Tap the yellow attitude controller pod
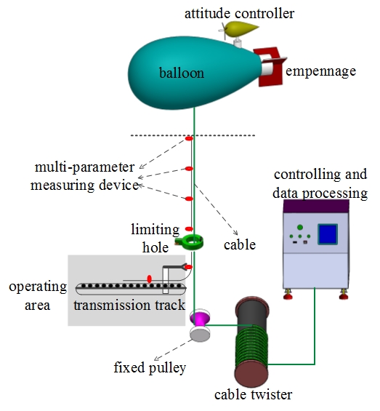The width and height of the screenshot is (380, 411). coord(241,29)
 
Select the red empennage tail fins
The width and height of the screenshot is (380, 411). coord(271,67)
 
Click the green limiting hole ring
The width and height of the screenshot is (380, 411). coord(192,242)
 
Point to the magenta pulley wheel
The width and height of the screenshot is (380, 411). coord(200,318)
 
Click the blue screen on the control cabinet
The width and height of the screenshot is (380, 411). coord(328,234)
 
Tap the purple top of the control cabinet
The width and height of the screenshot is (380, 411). coord(316,207)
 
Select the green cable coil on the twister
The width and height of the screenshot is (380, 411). coord(252,346)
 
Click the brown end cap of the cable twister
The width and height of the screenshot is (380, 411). coord(251,374)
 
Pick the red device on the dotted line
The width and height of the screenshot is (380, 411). coord(189,138)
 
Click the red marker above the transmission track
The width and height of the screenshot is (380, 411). coord(149,279)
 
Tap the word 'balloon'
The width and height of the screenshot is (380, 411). coord(182,73)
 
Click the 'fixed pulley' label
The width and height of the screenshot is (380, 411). coord(150,367)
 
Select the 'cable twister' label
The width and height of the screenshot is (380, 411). coord(254,394)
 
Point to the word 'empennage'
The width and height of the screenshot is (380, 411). coord(321,71)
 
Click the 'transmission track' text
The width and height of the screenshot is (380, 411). coord(129,305)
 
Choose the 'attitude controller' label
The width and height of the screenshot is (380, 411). coord(239,13)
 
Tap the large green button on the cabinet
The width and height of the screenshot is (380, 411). coord(300,227)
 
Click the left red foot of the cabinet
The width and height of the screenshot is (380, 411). coord(288,295)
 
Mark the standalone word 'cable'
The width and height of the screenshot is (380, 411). coord(240,245)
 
